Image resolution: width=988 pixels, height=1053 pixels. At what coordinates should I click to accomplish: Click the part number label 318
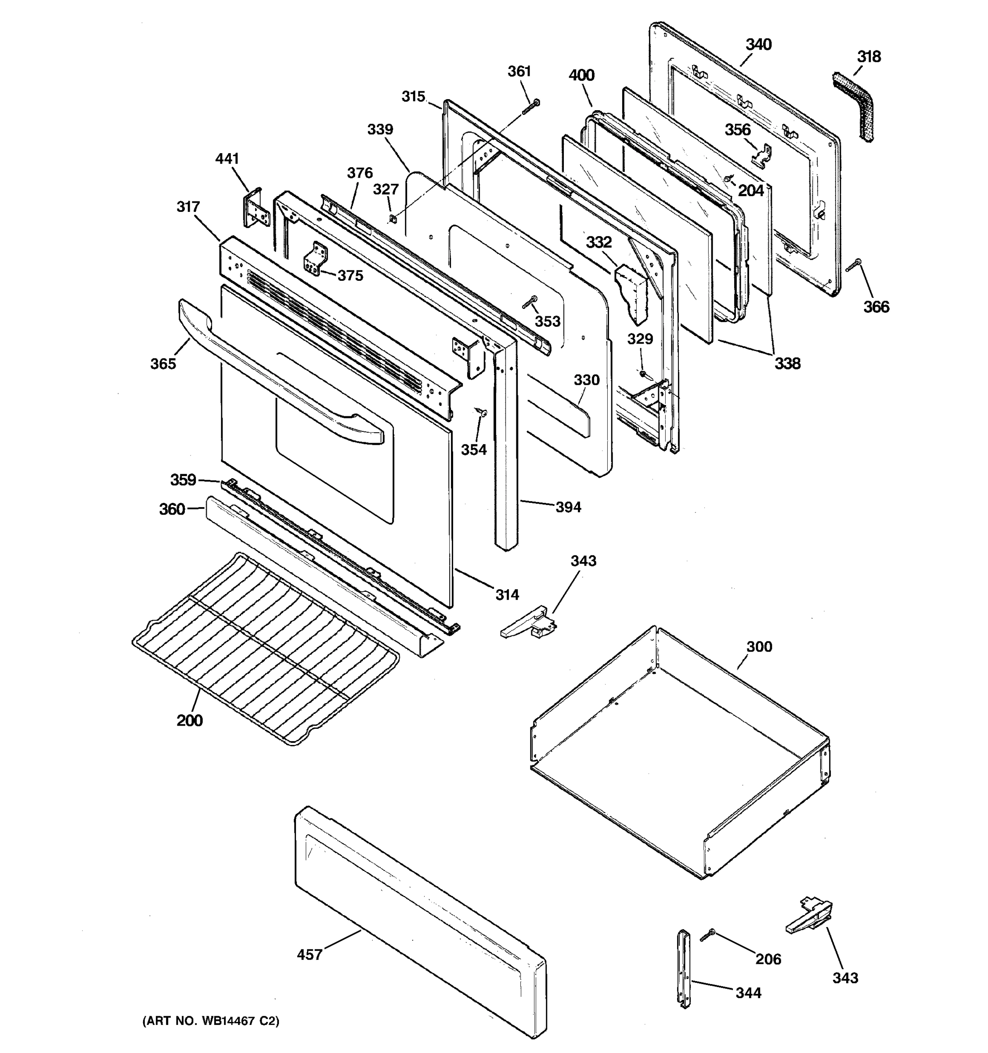coord(868,57)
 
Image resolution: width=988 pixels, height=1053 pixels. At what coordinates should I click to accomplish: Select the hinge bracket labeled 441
coord(256,208)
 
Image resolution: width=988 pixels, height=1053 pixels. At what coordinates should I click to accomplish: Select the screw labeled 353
coord(530,302)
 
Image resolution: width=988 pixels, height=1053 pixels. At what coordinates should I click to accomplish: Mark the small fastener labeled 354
coord(480,412)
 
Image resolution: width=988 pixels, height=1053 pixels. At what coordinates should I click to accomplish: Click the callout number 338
coord(787,363)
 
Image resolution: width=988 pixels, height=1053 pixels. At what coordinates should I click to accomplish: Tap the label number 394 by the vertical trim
coord(568,508)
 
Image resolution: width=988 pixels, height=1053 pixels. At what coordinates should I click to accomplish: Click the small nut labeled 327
coord(392,218)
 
